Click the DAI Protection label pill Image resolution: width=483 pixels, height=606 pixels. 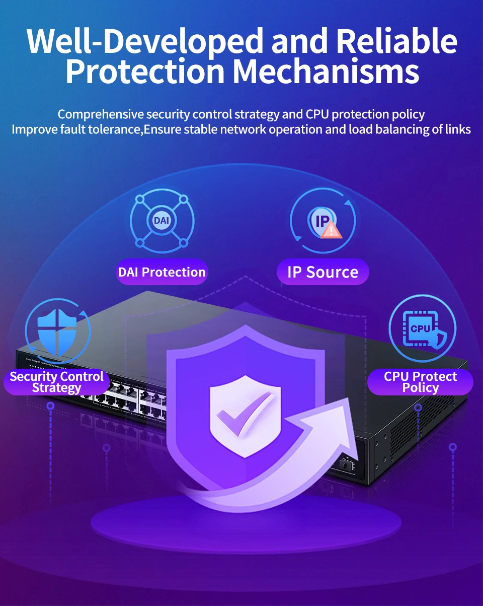(x=162, y=273)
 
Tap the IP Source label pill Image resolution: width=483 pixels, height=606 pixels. (x=323, y=273)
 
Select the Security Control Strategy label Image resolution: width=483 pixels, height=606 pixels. (x=56, y=382)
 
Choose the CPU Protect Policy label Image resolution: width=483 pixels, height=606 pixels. (x=420, y=382)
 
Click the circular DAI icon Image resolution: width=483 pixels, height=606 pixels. (x=162, y=221)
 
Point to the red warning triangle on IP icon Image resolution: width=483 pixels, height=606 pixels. (x=332, y=230)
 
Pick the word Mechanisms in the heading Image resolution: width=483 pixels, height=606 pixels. (x=326, y=71)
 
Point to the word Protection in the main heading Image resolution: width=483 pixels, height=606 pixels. (x=145, y=71)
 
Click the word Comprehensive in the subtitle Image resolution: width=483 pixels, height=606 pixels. (x=101, y=114)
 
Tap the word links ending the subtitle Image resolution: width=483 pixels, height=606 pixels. (x=458, y=129)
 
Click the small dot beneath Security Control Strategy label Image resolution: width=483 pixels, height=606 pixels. (x=50, y=406)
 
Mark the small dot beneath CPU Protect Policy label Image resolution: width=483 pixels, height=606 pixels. (x=418, y=407)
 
